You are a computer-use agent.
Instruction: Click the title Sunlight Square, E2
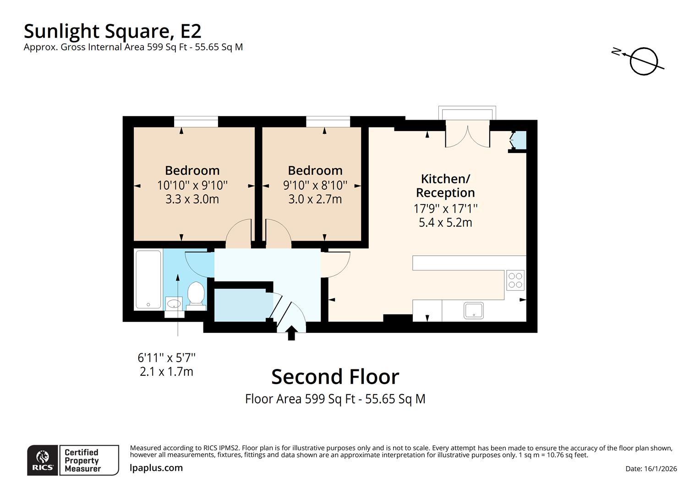coord(112,31)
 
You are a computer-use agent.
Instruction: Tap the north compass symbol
coord(642,61)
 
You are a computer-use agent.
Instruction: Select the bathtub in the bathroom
coord(148,279)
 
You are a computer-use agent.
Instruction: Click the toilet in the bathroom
coord(196,294)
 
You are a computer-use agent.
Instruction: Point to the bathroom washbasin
coord(174,303)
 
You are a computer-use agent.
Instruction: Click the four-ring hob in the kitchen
coord(515,280)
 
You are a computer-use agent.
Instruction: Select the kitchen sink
coord(473,310)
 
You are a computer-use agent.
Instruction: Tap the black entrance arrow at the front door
coord(291,333)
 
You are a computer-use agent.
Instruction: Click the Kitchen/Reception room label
coord(445,186)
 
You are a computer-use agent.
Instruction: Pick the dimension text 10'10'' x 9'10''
coord(192,185)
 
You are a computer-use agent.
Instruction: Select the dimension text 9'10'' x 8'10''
coord(315,185)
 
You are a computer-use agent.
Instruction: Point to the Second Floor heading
coord(335,377)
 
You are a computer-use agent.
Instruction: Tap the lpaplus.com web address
coord(156,468)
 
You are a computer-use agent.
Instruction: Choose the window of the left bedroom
coord(196,122)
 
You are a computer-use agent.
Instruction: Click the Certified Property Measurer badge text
coord(82,460)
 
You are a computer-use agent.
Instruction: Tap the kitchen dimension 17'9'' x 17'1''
coord(445,209)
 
